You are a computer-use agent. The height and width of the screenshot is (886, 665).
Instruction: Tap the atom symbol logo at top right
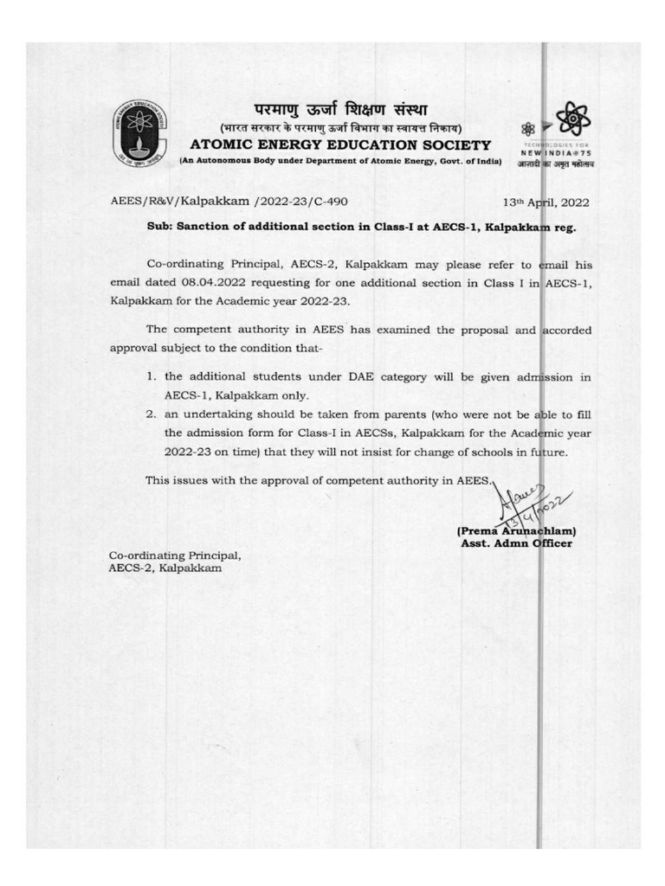571,121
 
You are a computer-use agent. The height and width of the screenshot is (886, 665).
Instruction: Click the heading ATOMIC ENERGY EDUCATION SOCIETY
339,144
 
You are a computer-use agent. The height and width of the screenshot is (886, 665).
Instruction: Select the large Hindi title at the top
339,111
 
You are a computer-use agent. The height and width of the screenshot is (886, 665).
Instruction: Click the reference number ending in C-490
229,202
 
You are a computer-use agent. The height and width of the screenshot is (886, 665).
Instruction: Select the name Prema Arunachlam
516,531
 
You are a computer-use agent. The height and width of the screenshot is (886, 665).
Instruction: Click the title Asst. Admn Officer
516,544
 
